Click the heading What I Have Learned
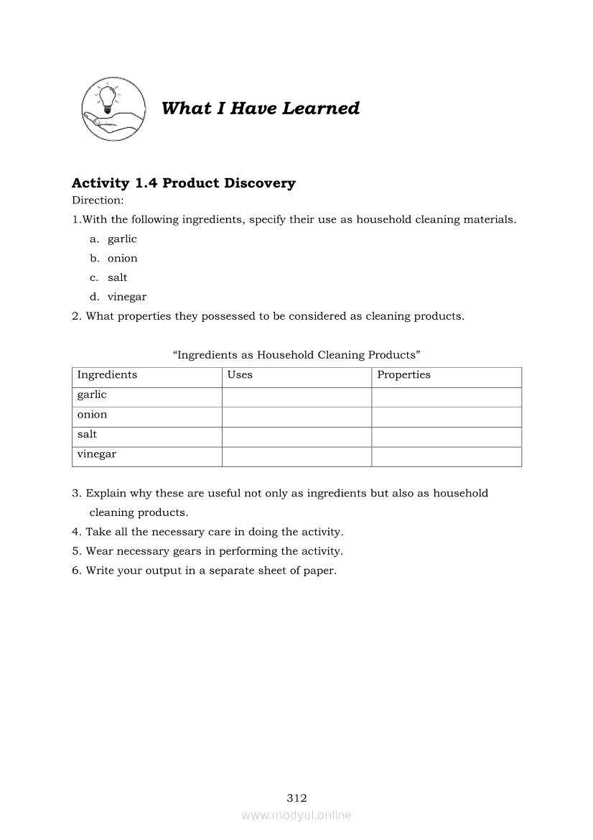tap(261, 109)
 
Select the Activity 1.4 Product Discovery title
tap(184, 183)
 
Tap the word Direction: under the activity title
tap(98, 200)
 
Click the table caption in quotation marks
tap(296, 355)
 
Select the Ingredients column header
tap(107, 375)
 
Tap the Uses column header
tap(240, 375)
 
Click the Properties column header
tap(403, 375)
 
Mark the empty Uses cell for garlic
tap(296, 397)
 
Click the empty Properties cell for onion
tap(446, 417)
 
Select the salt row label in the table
tap(87, 435)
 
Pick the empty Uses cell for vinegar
tap(296, 457)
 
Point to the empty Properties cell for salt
tap(446, 437)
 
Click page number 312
tap(296, 798)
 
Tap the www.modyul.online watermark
tap(296, 816)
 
